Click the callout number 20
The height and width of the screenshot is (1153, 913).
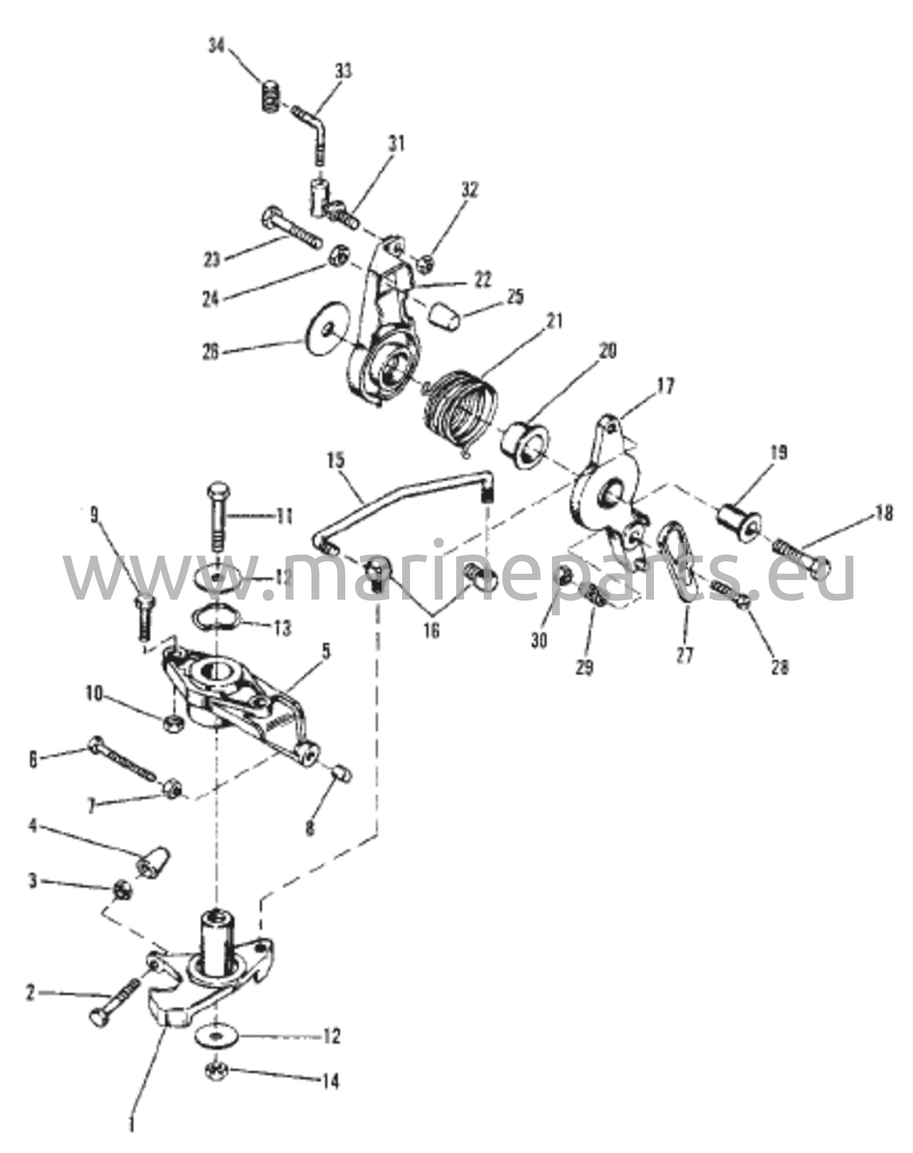[607, 350]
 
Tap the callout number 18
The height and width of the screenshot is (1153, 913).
[884, 513]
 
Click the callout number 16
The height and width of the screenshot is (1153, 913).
[431, 630]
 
